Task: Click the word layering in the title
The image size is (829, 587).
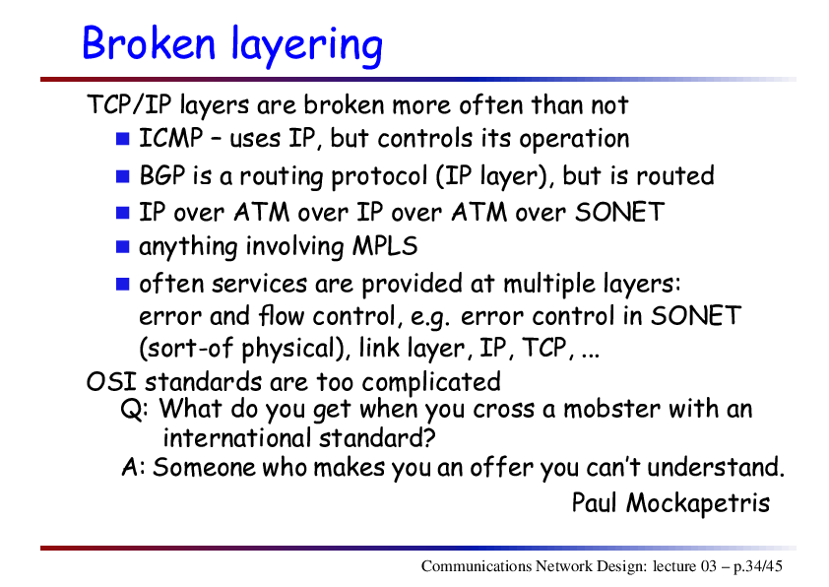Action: (307, 46)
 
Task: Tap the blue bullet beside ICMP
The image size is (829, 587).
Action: (123, 139)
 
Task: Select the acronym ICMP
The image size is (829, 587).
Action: (170, 138)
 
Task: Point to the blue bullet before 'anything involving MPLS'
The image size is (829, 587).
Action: (123, 247)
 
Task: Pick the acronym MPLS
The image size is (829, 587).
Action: (385, 246)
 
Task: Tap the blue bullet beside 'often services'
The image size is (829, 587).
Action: (123, 285)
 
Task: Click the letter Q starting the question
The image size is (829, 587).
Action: (131, 410)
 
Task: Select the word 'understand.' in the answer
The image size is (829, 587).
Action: (716, 467)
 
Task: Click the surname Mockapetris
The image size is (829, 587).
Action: (698, 502)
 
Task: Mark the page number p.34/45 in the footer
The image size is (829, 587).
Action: (758, 566)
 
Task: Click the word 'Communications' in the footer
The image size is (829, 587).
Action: (477, 566)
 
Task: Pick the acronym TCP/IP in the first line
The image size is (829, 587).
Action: (130, 104)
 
